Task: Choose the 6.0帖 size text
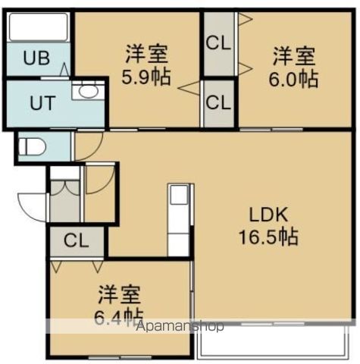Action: (294, 78)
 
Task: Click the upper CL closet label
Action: (219, 42)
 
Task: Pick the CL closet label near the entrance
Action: (76, 242)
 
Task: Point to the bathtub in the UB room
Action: (38, 30)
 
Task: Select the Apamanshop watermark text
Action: (178, 328)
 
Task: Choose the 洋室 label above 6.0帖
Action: (294, 55)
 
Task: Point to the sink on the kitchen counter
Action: (178, 196)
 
